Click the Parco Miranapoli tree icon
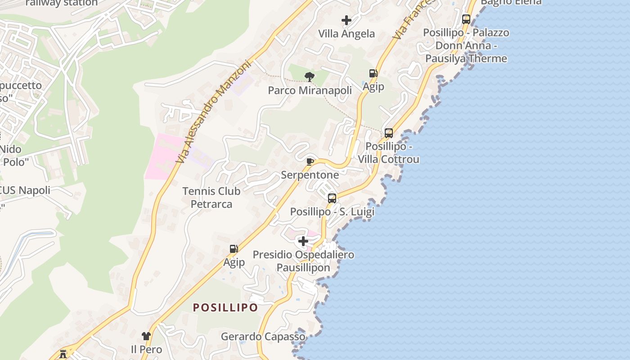pos(309,76)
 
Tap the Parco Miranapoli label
pos(310,90)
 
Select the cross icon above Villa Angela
pos(346,20)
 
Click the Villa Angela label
pos(346,34)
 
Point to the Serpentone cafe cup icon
pos(310,162)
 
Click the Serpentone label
pos(310,175)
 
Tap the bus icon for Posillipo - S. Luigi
pos(332,198)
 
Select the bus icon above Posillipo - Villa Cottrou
pos(389,133)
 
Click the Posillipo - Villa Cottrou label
pos(388,153)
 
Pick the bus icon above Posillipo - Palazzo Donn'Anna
pos(466,19)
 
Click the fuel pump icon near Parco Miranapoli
pos(373,73)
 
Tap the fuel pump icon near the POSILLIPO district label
pos(234,248)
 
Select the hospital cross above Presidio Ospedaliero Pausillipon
pos(303,241)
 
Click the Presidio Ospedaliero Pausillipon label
pos(303,261)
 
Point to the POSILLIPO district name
pos(225,308)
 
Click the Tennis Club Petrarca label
pos(211,198)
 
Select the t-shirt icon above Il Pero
pos(146,336)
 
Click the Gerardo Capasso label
pos(263,337)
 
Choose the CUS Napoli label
pos(25,190)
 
